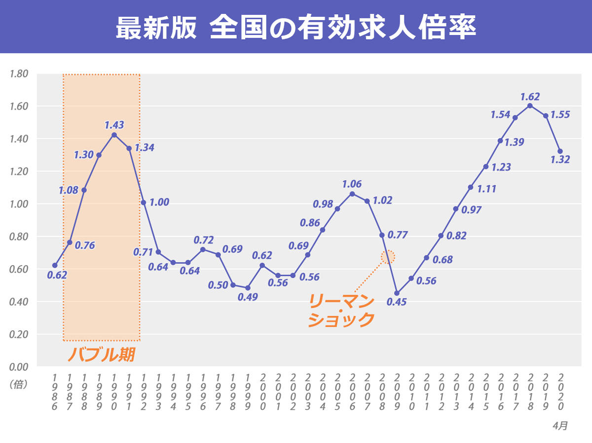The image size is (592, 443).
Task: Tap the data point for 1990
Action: tap(114, 135)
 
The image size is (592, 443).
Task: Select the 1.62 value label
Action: tap(530, 97)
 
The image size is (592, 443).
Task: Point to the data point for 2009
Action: tap(397, 293)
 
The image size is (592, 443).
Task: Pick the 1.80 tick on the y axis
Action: tap(19, 74)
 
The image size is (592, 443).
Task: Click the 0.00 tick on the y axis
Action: tap(19, 366)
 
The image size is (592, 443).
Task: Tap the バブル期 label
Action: tap(101, 355)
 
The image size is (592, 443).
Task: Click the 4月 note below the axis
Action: tap(560, 425)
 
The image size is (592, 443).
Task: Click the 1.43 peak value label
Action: tap(114, 125)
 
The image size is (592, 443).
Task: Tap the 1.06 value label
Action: tap(352, 184)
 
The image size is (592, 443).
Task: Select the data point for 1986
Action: tap(55, 266)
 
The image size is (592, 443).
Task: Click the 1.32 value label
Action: tap(560, 160)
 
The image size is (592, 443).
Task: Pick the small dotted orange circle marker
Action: tap(388, 256)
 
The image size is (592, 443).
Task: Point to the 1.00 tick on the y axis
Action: tap(19, 204)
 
